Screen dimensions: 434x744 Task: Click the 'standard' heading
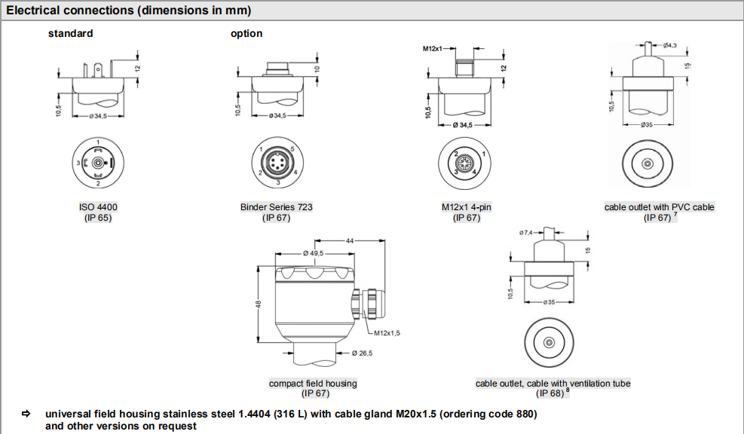click(x=71, y=33)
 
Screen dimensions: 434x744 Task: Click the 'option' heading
click(x=246, y=33)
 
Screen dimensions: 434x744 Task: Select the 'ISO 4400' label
click(x=98, y=206)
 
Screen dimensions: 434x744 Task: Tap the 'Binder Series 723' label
click(x=276, y=206)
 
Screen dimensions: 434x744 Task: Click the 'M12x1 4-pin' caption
click(x=467, y=206)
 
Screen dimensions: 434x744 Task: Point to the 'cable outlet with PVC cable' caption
click(x=659, y=206)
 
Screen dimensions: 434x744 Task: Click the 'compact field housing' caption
click(x=313, y=384)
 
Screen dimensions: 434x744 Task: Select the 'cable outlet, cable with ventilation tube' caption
click(x=553, y=384)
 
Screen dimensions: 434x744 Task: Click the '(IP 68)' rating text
click(x=550, y=393)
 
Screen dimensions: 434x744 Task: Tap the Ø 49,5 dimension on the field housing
click(x=313, y=254)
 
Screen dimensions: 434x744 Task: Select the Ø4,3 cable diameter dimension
click(x=669, y=46)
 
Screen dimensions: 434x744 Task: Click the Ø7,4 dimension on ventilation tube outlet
click(x=526, y=233)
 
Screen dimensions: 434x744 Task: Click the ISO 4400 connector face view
click(x=98, y=163)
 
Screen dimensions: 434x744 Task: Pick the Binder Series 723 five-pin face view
click(x=276, y=163)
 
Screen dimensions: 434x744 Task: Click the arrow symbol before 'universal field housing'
click(x=26, y=414)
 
